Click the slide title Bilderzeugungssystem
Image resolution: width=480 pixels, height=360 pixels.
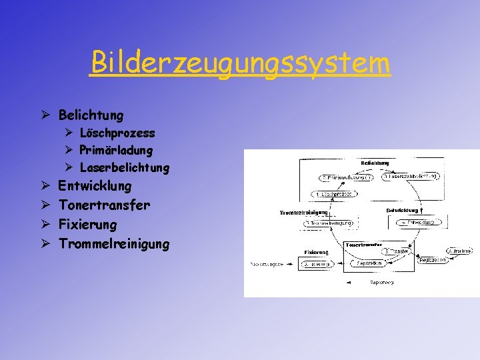(240, 63)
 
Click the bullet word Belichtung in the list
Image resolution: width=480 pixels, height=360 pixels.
(91, 115)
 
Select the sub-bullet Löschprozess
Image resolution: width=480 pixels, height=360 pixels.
(117, 133)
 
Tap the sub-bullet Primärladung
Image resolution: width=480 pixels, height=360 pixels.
(115, 151)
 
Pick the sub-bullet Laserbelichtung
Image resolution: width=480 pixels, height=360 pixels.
(124, 168)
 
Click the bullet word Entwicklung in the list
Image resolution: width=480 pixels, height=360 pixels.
(95, 185)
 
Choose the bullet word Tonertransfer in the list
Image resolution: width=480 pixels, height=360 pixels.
(104, 205)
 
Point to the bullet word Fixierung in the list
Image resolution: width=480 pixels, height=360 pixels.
(87, 225)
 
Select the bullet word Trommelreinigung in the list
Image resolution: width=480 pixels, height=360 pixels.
(114, 244)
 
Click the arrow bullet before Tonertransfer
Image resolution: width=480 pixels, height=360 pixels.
(43, 205)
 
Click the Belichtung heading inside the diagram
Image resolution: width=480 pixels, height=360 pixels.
(375, 163)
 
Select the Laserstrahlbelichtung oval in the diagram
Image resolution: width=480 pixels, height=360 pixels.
(411, 177)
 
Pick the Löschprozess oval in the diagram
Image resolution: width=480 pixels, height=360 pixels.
(333, 194)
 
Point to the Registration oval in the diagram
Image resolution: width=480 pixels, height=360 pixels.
(432, 261)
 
